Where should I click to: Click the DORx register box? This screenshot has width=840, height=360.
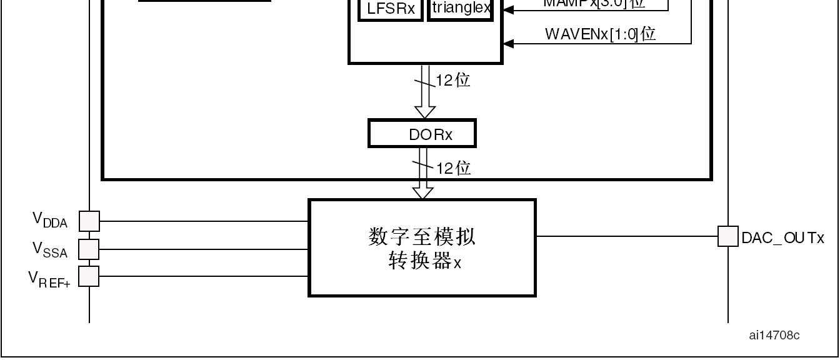422,134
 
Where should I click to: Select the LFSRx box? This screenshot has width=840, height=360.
391,10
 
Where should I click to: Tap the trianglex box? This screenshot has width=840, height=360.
461,9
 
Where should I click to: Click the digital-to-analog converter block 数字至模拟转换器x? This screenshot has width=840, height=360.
422,247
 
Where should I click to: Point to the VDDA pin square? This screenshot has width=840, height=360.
89,221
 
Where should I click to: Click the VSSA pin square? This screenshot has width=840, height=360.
89,249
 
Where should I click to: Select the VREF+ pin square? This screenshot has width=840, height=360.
89,276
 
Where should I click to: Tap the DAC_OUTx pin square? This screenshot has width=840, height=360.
728,236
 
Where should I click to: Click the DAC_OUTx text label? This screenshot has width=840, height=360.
782,238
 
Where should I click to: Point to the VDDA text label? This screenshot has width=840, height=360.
50,219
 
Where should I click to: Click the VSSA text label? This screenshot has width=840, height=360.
50,249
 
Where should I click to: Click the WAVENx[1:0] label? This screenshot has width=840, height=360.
600,34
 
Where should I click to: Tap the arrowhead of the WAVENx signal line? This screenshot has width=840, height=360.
508,43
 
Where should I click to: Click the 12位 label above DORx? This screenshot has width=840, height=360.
453,80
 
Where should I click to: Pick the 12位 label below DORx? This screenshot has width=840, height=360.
454,167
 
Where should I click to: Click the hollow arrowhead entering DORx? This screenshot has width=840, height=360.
425,112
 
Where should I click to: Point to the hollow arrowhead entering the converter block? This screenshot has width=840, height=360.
423,193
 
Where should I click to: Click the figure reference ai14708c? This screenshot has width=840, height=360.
774,336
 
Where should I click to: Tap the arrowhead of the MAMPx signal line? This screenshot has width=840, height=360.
508,9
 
